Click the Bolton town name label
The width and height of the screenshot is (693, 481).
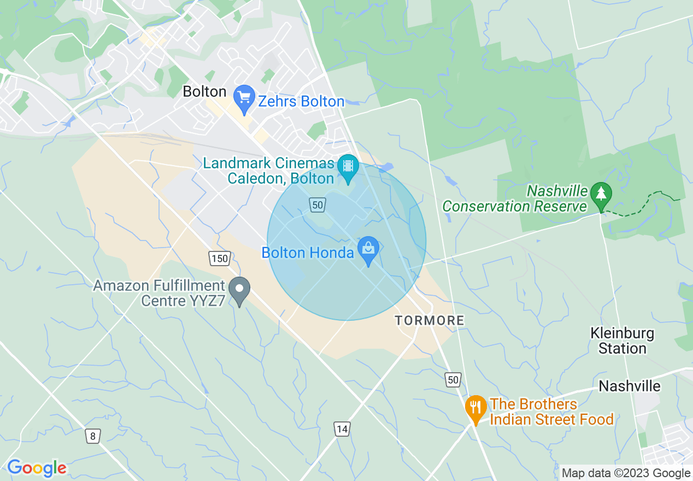tap(204, 92)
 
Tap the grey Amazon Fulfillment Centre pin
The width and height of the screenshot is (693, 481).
tap(239, 290)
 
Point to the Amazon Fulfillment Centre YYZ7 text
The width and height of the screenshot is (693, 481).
tap(158, 293)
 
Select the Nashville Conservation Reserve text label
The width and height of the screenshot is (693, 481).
tap(515, 199)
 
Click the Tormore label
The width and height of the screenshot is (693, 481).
tap(430, 320)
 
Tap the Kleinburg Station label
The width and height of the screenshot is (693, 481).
tap(622, 341)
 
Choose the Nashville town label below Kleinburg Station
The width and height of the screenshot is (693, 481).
tap(629, 386)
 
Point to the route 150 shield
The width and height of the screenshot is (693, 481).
tap(220, 258)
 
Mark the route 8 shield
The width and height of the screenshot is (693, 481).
tap(93, 436)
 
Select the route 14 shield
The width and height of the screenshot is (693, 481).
tap(342, 429)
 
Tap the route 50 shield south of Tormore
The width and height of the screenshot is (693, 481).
tap(453, 380)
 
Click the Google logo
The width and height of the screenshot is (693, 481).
tap(37, 468)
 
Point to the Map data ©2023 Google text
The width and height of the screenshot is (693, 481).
tap(626, 473)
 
